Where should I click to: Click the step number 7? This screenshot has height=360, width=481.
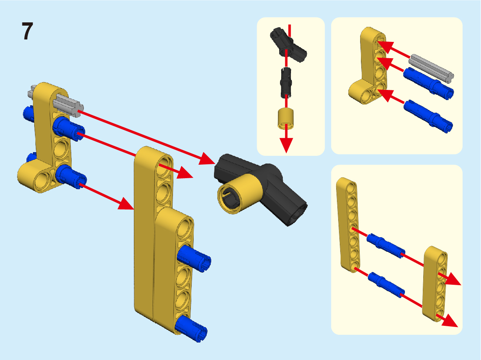27,31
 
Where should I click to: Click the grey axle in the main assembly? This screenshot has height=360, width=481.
68,105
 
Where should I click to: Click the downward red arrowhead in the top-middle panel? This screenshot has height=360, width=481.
286,145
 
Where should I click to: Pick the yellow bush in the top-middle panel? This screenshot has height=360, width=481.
286,118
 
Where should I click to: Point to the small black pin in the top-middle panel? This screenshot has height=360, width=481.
286,83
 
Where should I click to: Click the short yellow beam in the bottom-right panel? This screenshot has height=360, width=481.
435,284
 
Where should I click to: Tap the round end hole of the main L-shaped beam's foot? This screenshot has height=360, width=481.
43,181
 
